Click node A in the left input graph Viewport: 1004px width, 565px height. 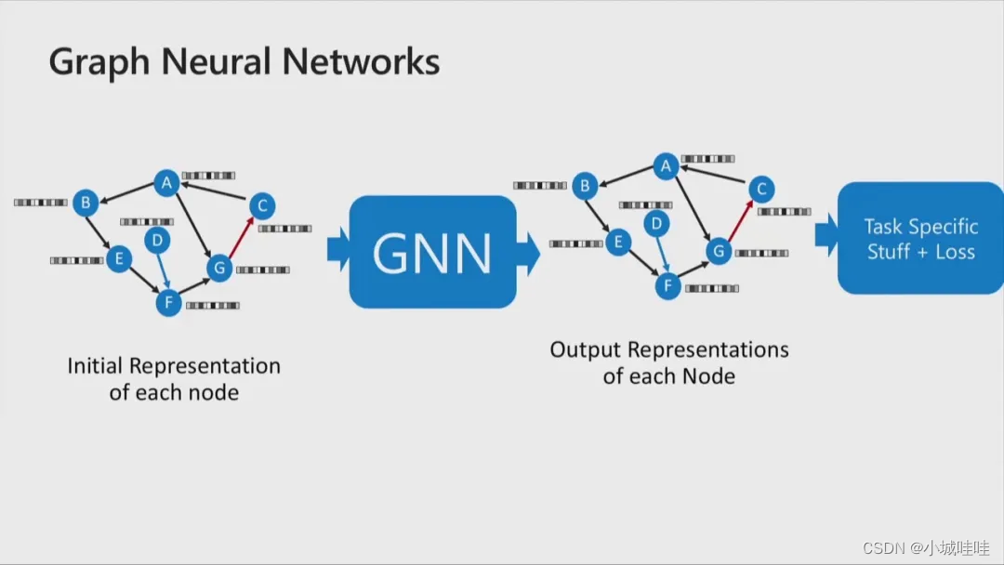coord(166,183)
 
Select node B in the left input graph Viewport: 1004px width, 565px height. coord(86,203)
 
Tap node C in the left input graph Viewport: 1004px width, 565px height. coord(261,205)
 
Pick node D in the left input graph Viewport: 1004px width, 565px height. coord(157,241)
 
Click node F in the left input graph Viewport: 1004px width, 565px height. coord(168,303)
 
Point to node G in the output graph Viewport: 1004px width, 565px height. coord(718,251)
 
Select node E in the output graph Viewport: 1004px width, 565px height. coord(618,243)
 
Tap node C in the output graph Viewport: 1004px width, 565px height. coord(760,190)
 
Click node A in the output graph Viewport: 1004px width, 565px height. coord(665,166)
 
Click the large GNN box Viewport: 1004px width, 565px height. coord(432,252)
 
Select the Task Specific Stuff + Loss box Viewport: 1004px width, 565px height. coord(920,239)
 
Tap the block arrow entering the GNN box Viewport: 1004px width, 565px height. coord(337,249)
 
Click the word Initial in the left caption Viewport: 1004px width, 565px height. coord(94,366)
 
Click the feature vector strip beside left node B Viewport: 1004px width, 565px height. coord(41,203)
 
